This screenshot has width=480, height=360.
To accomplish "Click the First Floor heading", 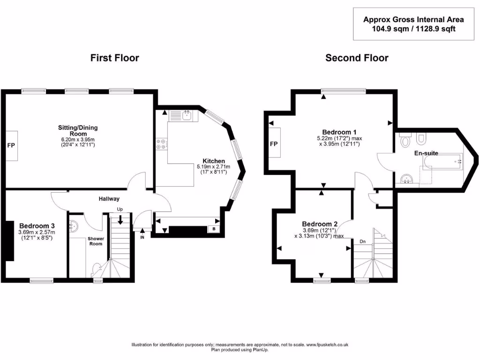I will click(x=114, y=58).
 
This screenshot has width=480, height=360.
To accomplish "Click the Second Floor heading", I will click(x=357, y=58).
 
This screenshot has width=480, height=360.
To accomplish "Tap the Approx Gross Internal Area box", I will click(x=413, y=24).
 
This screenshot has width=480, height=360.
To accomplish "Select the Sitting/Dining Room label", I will click(x=77, y=130).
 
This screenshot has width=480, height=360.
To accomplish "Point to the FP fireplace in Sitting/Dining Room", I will click(x=11, y=145).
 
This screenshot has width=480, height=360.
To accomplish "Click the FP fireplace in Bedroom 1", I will click(x=274, y=143).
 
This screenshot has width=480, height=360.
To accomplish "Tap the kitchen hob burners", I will click(x=161, y=144).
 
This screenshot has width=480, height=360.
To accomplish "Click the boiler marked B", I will click(x=214, y=229).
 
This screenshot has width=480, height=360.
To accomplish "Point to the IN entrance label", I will click(x=142, y=237).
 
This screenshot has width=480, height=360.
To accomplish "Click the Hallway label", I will click(x=109, y=199).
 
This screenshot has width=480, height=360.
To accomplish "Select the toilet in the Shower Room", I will click(x=97, y=270).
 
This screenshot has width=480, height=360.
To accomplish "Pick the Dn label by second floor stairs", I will click(x=362, y=241).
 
